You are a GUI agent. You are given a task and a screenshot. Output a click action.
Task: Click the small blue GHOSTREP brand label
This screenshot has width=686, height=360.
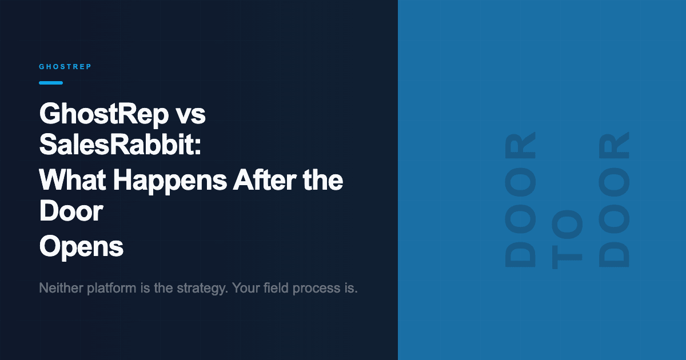[x=65, y=67]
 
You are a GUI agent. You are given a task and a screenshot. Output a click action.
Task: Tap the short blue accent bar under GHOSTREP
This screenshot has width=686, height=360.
[x=51, y=83]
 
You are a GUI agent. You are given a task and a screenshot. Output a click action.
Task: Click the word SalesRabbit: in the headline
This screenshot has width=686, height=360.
[x=120, y=146]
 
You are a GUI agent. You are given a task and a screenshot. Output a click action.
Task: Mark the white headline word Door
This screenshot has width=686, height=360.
[x=71, y=212]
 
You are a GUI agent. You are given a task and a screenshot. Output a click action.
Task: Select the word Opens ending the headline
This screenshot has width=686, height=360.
[x=81, y=247]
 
